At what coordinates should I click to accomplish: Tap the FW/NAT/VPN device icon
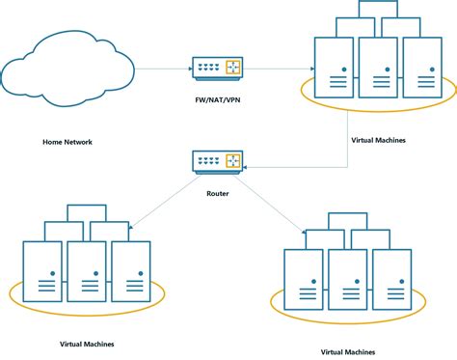216,68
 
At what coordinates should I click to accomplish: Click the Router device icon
216,163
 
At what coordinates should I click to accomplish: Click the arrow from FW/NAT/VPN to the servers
280,68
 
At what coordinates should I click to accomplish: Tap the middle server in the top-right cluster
377,67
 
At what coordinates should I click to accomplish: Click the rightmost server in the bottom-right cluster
391,279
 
